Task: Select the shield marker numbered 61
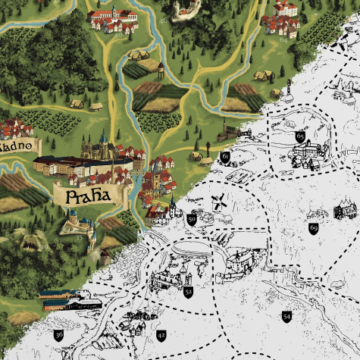pos(224,157)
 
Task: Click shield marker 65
pos(300,136)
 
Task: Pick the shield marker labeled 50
pos(192,219)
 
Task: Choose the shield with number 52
pos(188,290)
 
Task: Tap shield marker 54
pos(286,315)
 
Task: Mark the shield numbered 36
pos(58,333)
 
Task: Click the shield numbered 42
pos(161,334)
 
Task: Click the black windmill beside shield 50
pos(218,203)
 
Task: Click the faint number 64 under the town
pos(286,39)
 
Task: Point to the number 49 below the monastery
pos(118,34)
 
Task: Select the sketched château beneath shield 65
pos(307,155)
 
